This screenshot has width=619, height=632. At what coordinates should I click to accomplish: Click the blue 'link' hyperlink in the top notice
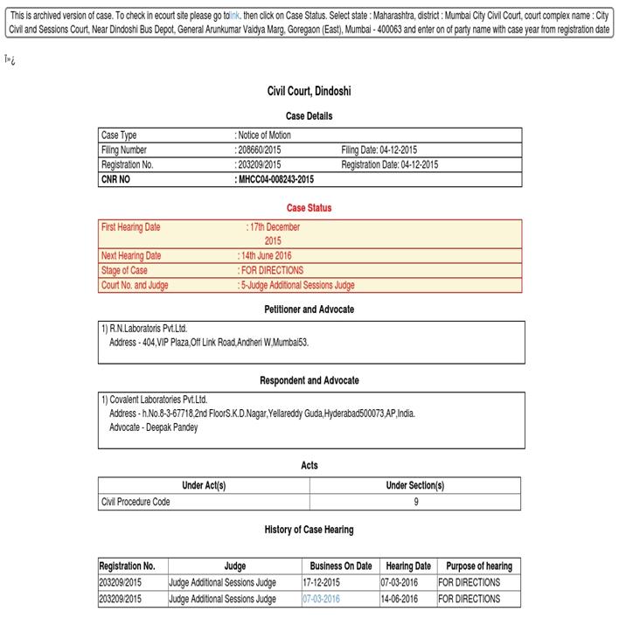point(234,16)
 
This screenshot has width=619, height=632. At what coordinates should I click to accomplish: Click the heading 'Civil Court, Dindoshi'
point(309,91)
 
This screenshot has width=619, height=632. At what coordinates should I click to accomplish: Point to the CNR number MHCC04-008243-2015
point(275,179)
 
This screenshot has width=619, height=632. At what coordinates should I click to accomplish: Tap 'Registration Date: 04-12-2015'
point(389,164)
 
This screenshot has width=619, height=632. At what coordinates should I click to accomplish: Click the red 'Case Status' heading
point(309,208)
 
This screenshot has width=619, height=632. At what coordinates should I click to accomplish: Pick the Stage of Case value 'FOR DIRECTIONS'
point(271,270)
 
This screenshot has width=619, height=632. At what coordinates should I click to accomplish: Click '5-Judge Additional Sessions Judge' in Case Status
point(297,285)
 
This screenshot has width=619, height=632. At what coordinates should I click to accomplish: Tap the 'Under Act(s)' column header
point(204,486)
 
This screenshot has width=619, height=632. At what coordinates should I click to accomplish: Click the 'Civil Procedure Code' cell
point(136,502)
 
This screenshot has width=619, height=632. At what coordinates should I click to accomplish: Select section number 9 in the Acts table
point(415,502)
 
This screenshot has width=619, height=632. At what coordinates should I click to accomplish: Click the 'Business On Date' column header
point(341,566)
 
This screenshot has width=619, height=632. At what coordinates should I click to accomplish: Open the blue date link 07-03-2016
point(322,599)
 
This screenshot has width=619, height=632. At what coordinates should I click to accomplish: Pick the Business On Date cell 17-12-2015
point(322,582)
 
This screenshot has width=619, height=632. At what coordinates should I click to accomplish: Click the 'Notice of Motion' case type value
point(264,135)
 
